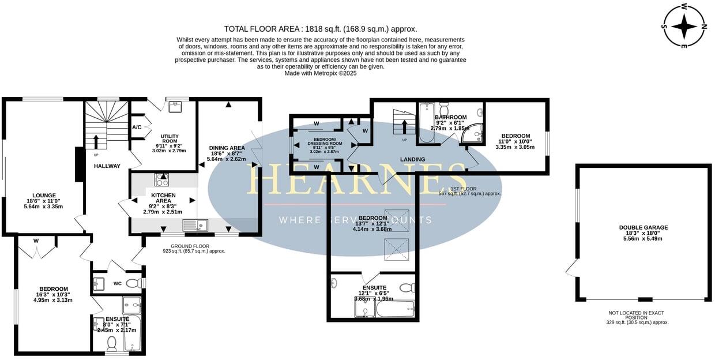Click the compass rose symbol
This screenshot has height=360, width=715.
click(684, 26)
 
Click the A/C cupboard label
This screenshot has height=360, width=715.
click(137, 127)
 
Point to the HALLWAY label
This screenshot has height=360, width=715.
click(107, 166)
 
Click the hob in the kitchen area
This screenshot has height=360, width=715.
click(161, 179)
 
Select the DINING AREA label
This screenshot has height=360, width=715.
click(227, 148)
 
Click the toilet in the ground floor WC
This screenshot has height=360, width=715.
click(133, 283)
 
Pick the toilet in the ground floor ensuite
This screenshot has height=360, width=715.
click(112, 344)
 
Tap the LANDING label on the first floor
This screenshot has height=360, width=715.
click(412, 159)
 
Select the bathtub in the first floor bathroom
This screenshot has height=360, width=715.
click(426, 122)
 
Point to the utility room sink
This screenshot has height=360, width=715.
click(175, 107)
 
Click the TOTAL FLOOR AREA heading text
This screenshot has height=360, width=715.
click(320, 29)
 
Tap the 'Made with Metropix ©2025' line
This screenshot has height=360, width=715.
click(321, 73)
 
